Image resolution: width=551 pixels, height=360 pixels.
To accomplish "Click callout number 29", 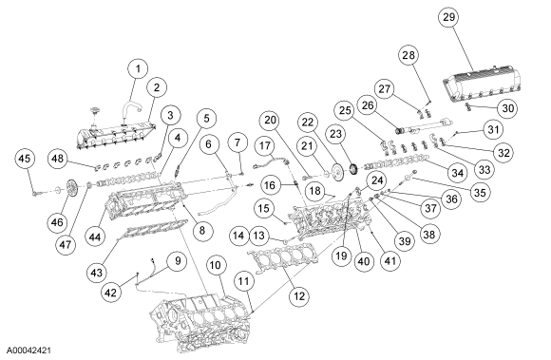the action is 448,16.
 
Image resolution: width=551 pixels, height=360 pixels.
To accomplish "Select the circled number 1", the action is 138,68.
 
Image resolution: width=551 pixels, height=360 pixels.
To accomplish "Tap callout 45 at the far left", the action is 25,159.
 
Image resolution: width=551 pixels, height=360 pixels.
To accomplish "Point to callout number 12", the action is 299,295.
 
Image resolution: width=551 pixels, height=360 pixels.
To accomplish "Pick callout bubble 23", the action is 335,134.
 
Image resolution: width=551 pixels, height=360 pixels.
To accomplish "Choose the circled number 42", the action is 111,292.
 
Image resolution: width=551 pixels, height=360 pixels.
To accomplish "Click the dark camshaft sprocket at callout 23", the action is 354,169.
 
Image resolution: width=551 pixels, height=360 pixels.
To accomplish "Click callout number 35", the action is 480,192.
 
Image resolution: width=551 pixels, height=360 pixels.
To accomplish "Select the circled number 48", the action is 58,159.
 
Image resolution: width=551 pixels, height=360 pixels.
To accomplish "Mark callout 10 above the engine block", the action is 216,265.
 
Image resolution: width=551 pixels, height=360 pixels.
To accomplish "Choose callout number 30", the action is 508,108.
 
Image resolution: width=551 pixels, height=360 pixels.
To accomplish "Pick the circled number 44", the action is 95,237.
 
